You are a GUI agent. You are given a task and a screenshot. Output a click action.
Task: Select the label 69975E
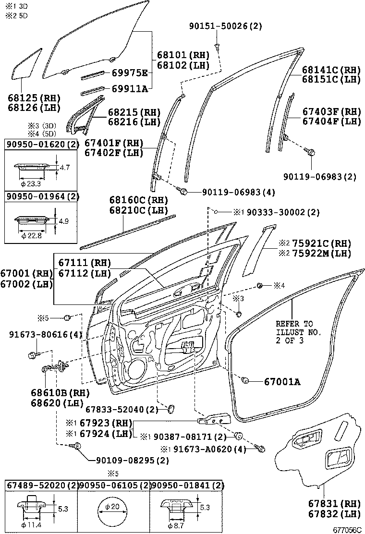click(x=130, y=73)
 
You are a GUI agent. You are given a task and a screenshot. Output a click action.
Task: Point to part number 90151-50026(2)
click(x=225, y=26)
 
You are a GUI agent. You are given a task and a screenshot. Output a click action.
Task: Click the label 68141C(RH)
click(x=331, y=70)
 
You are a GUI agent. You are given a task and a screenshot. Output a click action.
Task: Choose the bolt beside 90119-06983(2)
click(x=311, y=153)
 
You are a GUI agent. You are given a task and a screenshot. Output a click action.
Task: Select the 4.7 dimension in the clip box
click(x=64, y=168)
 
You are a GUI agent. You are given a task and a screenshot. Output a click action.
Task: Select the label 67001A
click(x=282, y=382)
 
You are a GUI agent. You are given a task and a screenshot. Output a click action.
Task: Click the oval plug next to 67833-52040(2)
click(x=170, y=409)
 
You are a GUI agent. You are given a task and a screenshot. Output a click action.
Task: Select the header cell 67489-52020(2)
click(x=41, y=485)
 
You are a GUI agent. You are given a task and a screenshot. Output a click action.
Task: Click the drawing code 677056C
click(x=347, y=529)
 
